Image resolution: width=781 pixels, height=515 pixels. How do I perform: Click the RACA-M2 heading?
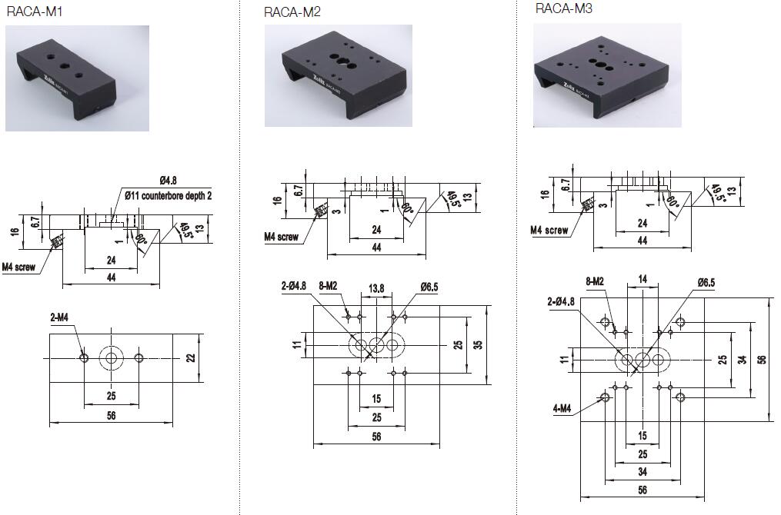[292, 12]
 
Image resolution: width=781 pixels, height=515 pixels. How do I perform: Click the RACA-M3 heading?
[564, 9]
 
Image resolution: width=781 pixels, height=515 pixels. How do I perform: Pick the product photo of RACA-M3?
[607, 75]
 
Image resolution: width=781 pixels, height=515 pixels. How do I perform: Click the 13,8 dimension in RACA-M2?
[377, 287]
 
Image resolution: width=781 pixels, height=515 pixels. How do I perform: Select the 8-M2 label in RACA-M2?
[328, 287]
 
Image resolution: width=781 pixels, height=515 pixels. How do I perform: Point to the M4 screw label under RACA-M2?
[282, 238]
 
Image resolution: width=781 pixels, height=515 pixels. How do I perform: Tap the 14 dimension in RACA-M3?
[643, 279]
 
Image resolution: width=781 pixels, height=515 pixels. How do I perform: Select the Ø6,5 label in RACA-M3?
[707, 283]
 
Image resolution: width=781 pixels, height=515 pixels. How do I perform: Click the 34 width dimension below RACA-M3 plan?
[642, 471]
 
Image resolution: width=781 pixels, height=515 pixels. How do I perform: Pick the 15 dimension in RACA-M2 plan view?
[376, 398]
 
